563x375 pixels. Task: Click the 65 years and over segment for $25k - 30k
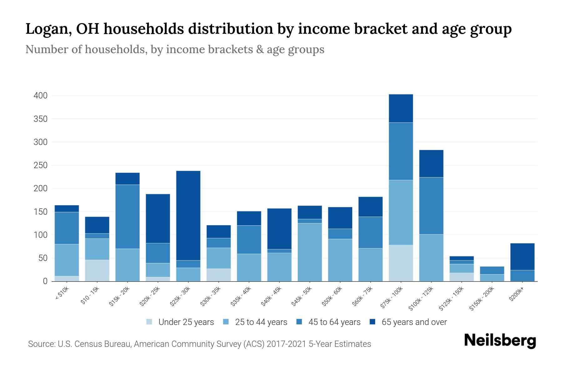pos(188,215)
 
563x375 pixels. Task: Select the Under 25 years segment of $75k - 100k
pos(401,263)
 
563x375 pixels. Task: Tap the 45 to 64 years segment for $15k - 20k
pos(127,217)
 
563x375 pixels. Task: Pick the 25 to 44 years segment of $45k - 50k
pos(310,252)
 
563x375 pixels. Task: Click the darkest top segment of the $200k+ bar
pos(522,256)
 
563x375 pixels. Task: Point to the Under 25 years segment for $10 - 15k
pos(97,270)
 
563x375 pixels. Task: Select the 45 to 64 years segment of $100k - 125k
pos(431,206)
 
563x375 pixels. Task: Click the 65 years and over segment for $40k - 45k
pos(279,228)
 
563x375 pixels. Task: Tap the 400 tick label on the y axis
pos(41,96)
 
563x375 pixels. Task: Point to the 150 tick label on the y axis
pos(41,212)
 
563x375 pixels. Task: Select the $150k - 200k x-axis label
pos(482,298)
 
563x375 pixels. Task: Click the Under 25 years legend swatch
pos(149,322)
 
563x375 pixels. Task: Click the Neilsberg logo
pos(500,340)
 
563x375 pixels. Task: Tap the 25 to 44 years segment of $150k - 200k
pos(492,277)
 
